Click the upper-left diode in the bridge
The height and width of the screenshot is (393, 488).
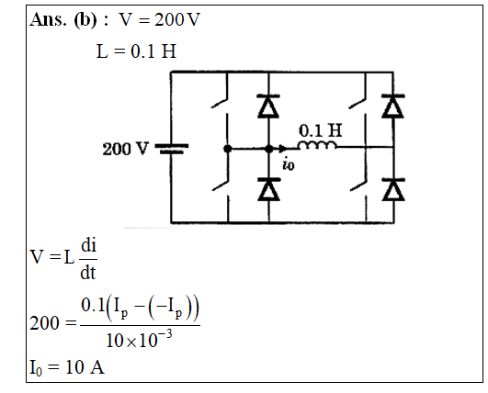coord(268,106)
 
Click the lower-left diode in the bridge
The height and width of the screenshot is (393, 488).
coord(269,189)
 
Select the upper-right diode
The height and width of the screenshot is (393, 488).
coord(393,106)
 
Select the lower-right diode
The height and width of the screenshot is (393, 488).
coord(393,189)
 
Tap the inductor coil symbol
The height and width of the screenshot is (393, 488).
coord(317,145)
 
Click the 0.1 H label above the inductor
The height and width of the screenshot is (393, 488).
coord(320,130)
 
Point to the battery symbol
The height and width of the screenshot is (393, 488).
coord(172,149)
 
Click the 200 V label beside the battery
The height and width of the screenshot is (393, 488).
coord(125,149)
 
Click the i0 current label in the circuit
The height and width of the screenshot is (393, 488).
coord(289,164)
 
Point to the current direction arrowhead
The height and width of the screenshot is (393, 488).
coord(282,149)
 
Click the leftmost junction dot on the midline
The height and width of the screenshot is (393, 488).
coord(228,149)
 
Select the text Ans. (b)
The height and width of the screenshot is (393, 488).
coord(63,19)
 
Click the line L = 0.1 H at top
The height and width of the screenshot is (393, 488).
coord(136,51)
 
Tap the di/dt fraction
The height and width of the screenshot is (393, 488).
coord(88,259)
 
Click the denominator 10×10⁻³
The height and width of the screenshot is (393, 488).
coord(139,340)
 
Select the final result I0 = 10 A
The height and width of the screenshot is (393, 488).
coord(67,367)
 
